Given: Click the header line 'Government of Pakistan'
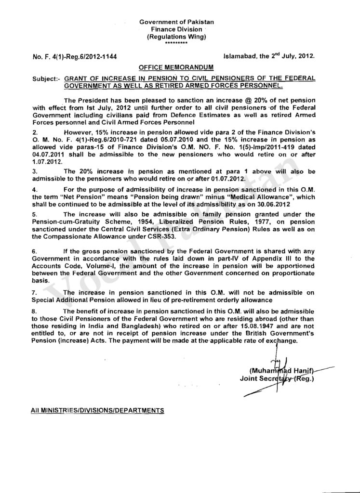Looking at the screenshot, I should click(x=177, y=23).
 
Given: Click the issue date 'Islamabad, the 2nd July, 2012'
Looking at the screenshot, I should click(x=269, y=56).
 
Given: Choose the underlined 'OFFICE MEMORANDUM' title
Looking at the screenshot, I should click(x=176, y=68).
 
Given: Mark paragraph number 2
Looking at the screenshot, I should click(x=34, y=131).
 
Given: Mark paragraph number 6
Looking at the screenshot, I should click(x=34, y=252).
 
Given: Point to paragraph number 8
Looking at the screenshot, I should click(x=34, y=311).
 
